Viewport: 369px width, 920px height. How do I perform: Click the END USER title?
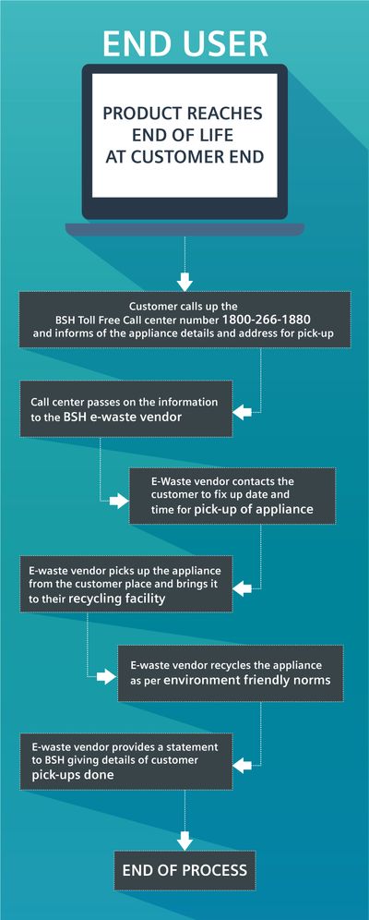(185, 43)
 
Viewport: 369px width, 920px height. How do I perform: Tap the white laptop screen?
(184, 135)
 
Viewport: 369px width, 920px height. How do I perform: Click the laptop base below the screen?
(184, 229)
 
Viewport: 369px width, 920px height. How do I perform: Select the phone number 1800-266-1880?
(267, 320)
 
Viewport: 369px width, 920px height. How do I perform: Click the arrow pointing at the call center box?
(242, 413)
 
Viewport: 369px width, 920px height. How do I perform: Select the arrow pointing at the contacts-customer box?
(119, 501)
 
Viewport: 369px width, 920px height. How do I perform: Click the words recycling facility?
(117, 599)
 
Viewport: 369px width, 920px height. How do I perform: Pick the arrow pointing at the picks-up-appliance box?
(242, 587)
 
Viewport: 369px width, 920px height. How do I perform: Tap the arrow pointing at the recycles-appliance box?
(106, 676)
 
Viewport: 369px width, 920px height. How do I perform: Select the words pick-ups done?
(73, 775)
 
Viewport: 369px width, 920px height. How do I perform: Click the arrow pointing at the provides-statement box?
(242, 765)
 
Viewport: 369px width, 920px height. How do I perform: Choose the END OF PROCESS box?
(184, 870)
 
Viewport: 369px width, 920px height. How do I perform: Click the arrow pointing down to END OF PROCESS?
(184, 841)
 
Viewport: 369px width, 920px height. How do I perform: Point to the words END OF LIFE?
(183, 135)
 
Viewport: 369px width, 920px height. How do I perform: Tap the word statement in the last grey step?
(195, 747)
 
